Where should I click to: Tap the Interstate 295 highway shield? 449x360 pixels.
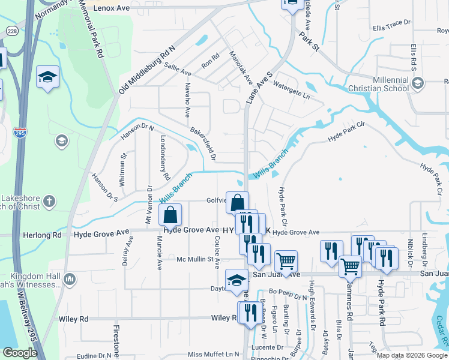[20, 134]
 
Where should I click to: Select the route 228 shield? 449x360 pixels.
[11, 31]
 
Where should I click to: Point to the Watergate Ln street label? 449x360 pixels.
[292, 89]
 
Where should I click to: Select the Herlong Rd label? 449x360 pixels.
[47, 236]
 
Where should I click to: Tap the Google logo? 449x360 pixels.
[20, 353]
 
